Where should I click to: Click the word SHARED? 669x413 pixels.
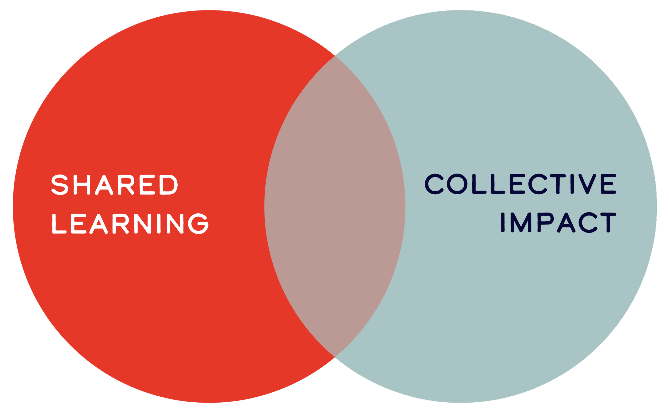115,185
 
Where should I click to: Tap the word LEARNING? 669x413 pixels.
130,224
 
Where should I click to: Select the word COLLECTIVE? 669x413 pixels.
520,184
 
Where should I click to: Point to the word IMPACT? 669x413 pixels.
559,223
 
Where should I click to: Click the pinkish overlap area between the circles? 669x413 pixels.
335,207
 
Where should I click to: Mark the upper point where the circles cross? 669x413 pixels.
335,56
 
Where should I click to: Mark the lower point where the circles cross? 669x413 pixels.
335,357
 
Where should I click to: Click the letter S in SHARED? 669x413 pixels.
60,185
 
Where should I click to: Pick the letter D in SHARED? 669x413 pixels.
168,185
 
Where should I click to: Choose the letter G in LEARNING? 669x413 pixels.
199,224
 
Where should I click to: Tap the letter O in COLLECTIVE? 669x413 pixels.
457,184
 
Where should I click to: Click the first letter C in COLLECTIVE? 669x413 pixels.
434,184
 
